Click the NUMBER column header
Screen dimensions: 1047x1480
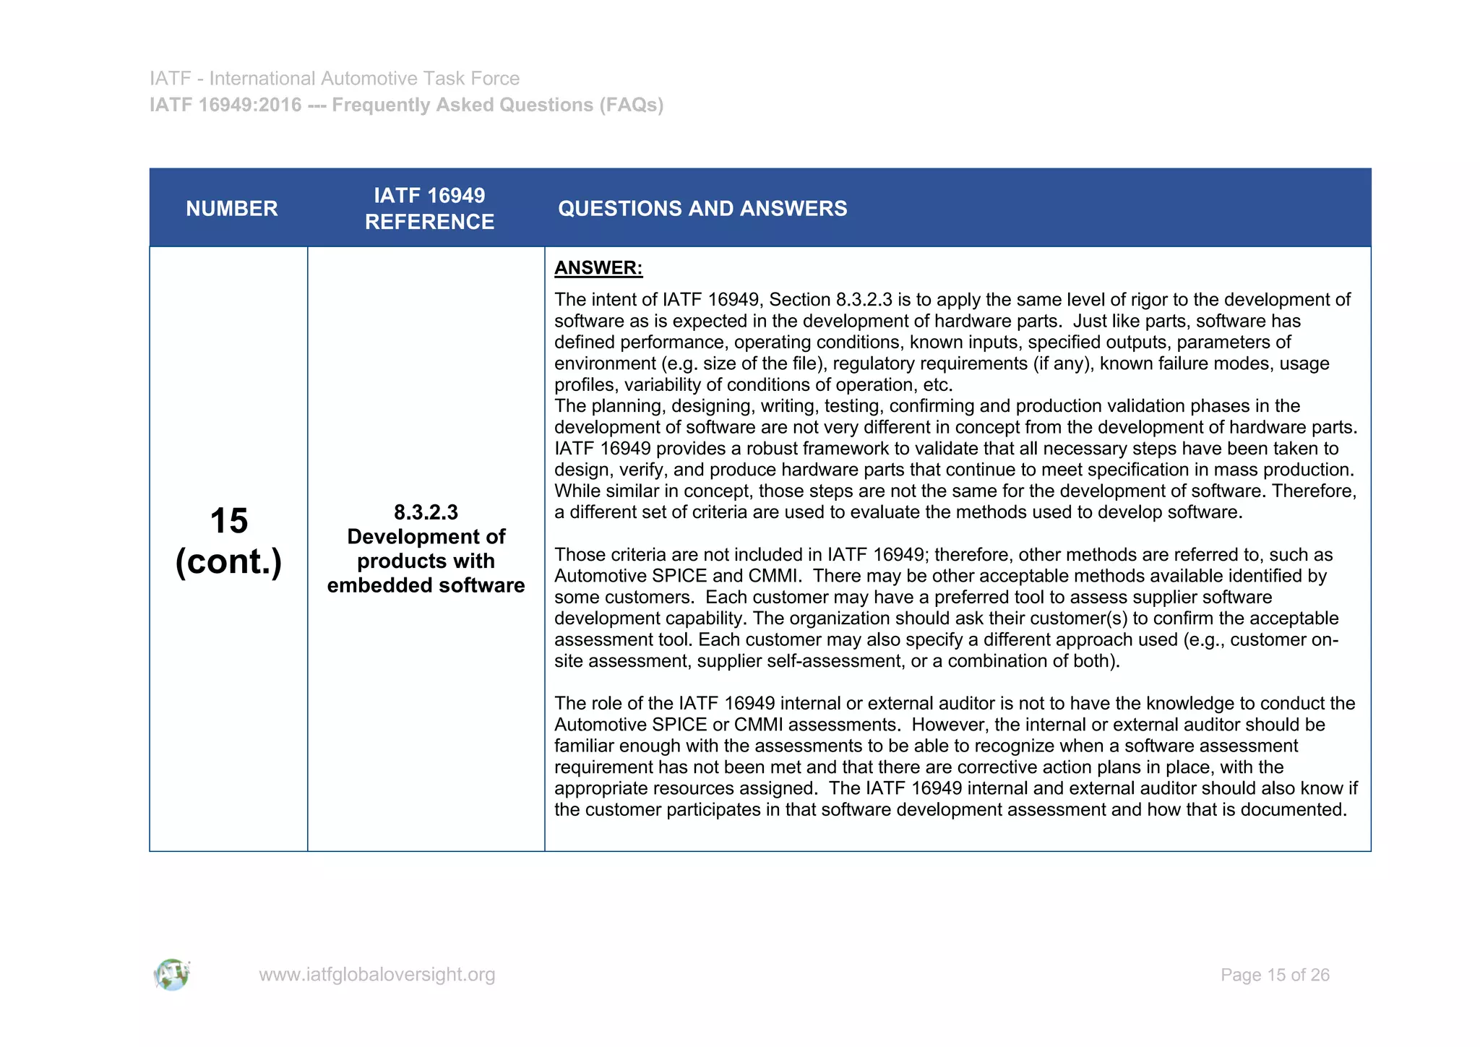point(231,209)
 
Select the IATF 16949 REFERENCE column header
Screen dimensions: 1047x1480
point(429,209)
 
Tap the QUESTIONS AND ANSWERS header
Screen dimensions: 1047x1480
point(702,209)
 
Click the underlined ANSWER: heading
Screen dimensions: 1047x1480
point(598,268)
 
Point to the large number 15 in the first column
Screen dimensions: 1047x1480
point(228,521)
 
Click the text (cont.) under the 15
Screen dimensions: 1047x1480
point(228,562)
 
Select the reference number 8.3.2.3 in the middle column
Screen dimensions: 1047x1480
point(426,512)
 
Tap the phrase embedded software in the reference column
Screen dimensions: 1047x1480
point(426,585)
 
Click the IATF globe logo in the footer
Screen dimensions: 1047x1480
point(172,975)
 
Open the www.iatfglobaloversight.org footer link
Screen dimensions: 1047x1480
point(377,975)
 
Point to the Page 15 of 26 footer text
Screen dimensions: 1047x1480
point(1275,975)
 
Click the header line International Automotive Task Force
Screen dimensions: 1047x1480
point(364,78)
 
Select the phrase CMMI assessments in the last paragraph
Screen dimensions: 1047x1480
point(814,725)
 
